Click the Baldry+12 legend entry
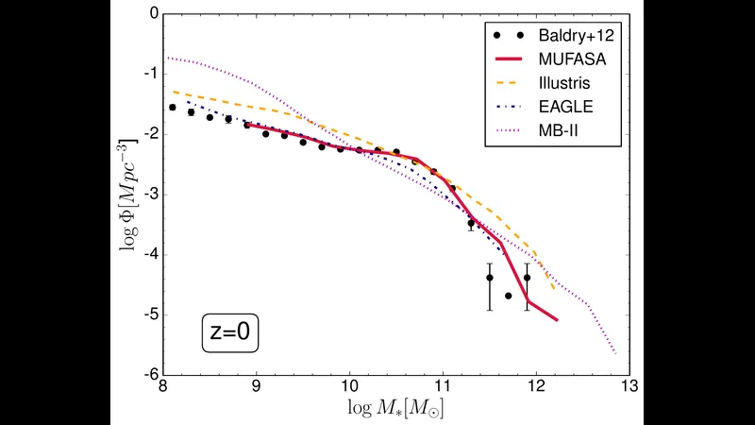point(576,35)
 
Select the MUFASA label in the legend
point(572,59)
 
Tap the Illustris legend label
point(563,83)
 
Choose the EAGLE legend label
point(565,107)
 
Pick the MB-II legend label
point(558,130)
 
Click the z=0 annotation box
point(230,332)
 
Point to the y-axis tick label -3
point(151,195)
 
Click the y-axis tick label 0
point(154,13)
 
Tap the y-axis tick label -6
point(151,374)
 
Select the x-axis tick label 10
point(349,386)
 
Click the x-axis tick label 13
point(629,386)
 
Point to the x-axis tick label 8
point(163,386)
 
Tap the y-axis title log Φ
point(128,195)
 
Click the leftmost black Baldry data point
point(173,108)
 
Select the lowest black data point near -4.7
point(509,296)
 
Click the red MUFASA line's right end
point(558,320)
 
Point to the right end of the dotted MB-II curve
point(616,354)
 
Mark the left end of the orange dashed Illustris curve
point(173,91)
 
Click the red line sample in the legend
point(509,59)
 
